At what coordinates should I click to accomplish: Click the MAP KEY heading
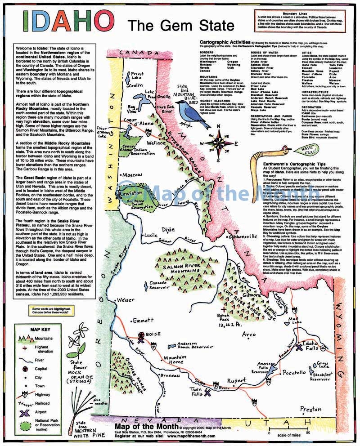click(39, 329)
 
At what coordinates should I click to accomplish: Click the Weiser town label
click(125, 300)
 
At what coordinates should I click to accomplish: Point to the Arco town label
click(248, 334)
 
